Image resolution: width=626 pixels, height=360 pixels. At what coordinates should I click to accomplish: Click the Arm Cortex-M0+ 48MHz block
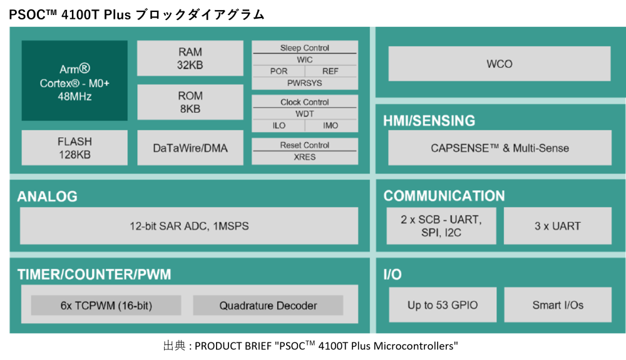click(74, 80)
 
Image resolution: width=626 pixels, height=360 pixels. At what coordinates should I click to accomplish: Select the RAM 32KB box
click(190, 58)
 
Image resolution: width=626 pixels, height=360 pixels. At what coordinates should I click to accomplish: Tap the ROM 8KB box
click(190, 102)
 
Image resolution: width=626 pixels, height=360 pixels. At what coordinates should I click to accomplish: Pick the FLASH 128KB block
click(74, 148)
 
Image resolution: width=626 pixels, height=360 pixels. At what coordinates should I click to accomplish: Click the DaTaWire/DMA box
click(190, 148)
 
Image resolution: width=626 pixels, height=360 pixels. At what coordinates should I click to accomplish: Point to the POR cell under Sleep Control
click(279, 71)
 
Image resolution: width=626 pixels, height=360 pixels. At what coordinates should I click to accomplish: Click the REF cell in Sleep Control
click(331, 71)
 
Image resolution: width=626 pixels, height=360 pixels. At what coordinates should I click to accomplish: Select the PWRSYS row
click(305, 83)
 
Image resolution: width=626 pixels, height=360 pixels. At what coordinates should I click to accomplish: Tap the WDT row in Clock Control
click(305, 114)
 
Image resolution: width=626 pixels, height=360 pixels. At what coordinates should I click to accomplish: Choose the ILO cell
click(279, 126)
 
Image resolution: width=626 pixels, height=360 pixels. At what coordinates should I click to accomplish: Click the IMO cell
click(331, 126)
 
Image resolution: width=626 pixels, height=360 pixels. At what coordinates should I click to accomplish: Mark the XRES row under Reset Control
click(305, 157)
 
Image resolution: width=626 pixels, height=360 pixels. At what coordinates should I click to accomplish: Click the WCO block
click(500, 64)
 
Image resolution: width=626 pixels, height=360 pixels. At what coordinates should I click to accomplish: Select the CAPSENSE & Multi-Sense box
click(500, 148)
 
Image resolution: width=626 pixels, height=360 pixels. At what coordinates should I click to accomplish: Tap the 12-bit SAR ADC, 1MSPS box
click(189, 226)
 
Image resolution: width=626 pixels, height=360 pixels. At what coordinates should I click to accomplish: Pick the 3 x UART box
click(558, 226)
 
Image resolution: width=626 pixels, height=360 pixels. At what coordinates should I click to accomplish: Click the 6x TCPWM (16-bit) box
click(106, 306)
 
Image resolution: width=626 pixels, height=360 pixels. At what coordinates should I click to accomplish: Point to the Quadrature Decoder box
click(268, 306)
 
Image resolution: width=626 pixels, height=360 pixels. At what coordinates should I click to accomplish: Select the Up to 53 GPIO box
click(443, 305)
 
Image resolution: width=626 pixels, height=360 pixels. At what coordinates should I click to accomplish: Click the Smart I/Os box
click(558, 305)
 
